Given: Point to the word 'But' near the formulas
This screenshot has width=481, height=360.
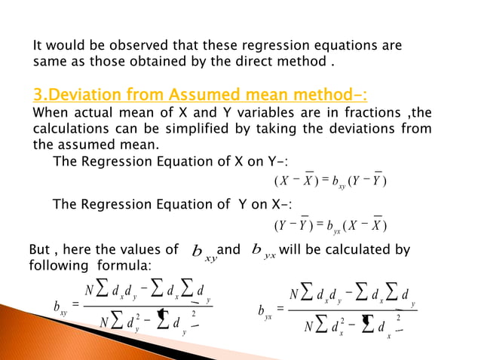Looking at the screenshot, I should pyautogui.click(x=40, y=250).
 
